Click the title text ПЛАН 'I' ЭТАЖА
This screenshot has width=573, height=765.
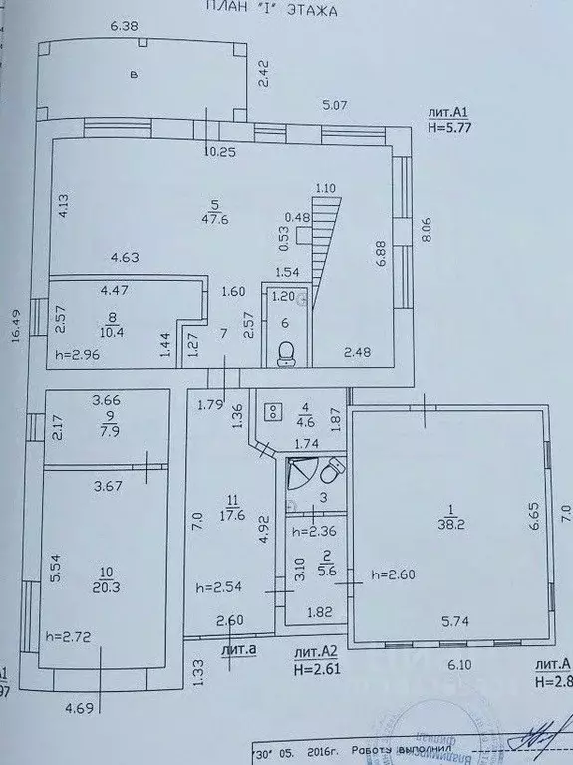click(269, 10)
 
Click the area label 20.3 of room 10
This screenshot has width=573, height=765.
click(111, 587)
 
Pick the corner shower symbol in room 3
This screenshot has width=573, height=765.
click(300, 476)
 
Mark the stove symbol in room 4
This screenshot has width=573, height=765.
click(271, 409)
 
